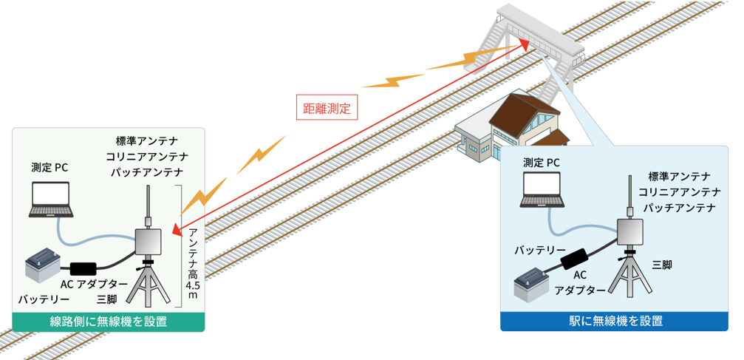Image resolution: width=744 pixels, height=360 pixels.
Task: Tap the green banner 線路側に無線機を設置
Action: point(108,322)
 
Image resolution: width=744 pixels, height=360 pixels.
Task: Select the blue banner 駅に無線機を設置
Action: point(614,322)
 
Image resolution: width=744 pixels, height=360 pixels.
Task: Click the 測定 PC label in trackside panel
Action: point(50,168)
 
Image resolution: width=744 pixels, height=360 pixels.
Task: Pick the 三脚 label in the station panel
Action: point(662,265)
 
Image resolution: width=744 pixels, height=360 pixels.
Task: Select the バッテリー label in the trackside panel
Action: point(44,299)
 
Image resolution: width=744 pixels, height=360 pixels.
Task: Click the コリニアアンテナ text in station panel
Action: point(679,191)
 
